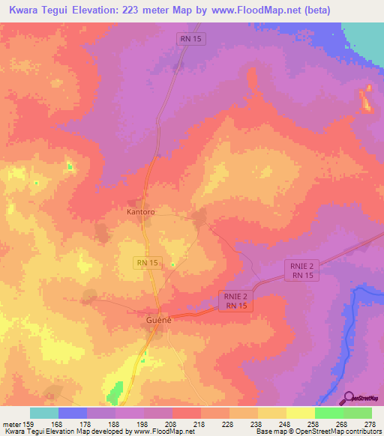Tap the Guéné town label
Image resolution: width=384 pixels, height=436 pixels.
pos(158,321)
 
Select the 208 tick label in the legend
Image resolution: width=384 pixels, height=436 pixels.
pos(172,425)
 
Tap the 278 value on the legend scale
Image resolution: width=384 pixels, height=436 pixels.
pos(370,425)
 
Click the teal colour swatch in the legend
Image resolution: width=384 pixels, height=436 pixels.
pos(43,413)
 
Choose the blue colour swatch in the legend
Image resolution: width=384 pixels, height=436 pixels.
pos(72,413)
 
